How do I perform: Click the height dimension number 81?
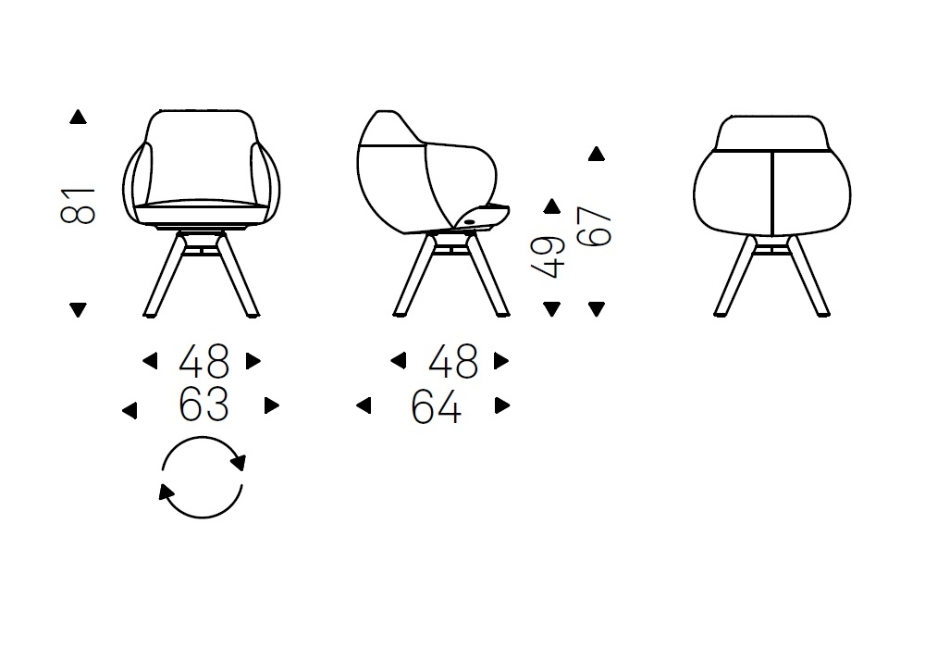[78, 206]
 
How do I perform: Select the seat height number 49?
[548, 257]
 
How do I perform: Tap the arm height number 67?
[595, 227]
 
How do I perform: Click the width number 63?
[203, 405]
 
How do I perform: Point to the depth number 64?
[436, 407]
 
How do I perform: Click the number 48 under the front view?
[204, 361]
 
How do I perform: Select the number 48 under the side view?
[453, 361]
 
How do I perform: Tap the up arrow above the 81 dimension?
[78, 117]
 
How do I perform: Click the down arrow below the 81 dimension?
[78, 309]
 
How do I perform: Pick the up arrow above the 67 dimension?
[597, 154]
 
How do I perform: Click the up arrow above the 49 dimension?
[551, 206]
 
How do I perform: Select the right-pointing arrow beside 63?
[272, 405]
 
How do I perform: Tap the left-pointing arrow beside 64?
[364, 405]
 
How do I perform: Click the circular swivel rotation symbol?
[203, 437]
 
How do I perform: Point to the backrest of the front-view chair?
[201, 155]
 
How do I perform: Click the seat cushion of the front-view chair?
[201, 208]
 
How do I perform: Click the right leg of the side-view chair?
[487, 275]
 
